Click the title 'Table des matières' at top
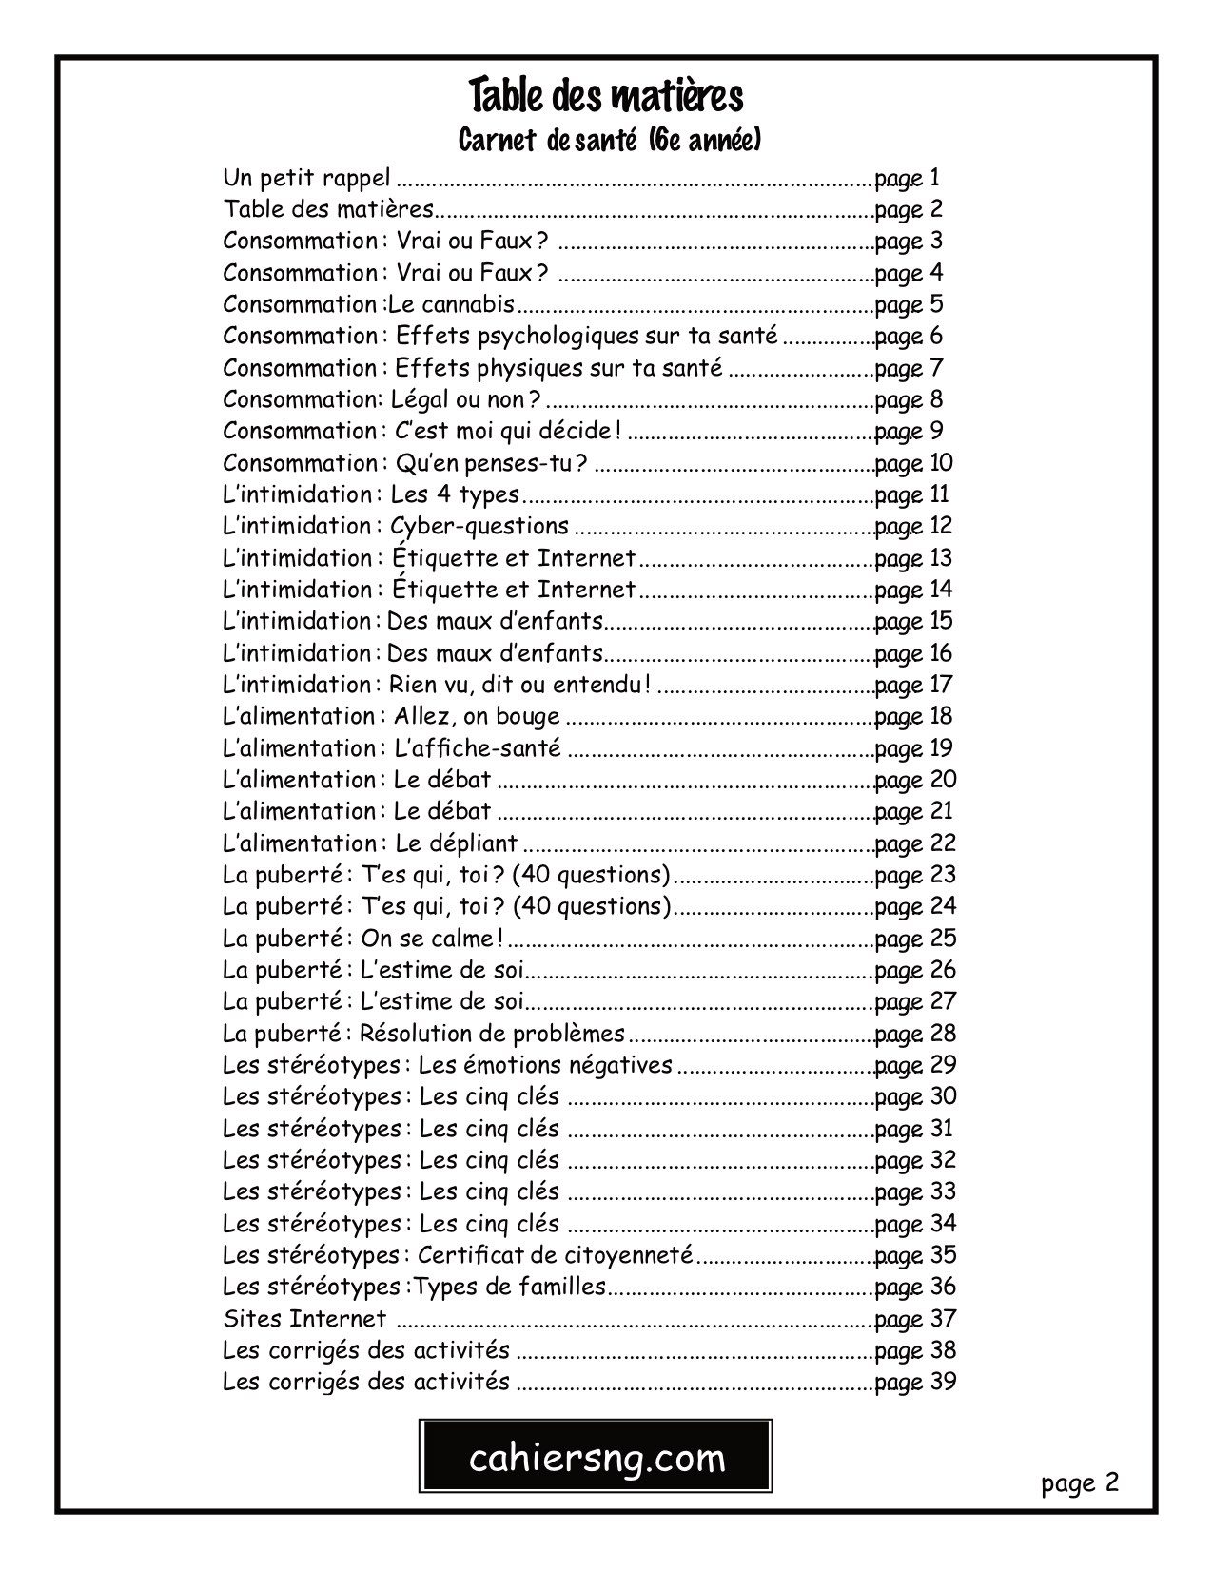[x=606, y=97]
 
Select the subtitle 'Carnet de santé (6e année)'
[x=609, y=142]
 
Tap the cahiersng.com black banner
[x=597, y=1457]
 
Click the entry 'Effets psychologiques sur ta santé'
[x=587, y=336]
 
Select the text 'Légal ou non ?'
[x=466, y=399]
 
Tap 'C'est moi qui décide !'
[x=508, y=431]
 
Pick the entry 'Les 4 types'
[x=455, y=494]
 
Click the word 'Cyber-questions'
[x=479, y=526]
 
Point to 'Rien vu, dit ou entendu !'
[x=520, y=685]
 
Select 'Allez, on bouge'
[x=477, y=716]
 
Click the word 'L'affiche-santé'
[x=477, y=748]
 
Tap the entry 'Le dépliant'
[x=456, y=843]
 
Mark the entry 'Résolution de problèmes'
[x=492, y=1034]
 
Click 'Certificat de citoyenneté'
[x=555, y=1255]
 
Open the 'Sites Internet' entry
[x=304, y=1319]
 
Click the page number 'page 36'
[x=914, y=1287]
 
